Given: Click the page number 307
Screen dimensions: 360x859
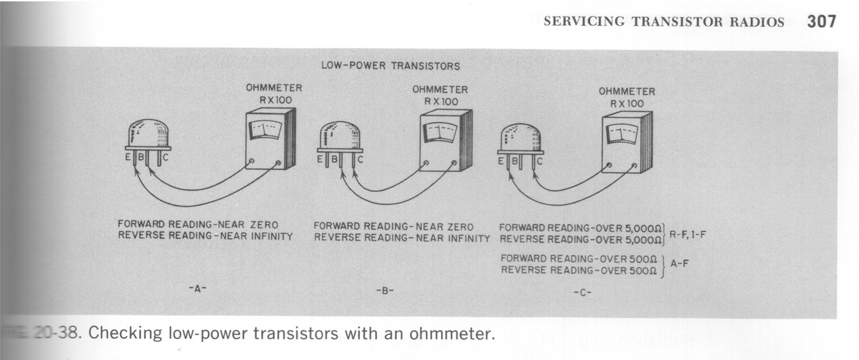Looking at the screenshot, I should click(x=822, y=21).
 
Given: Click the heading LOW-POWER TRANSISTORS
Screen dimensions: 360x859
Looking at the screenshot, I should click(x=391, y=66).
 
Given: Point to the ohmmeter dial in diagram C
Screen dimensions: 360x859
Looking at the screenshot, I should click(x=621, y=133).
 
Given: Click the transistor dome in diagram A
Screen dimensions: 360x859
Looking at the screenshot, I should click(x=148, y=134).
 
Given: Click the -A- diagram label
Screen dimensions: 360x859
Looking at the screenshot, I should click(x=197, y=288).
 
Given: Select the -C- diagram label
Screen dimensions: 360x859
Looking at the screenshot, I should click(x=581, y=293).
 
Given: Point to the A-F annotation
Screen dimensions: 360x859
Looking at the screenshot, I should click(x=680, y=264).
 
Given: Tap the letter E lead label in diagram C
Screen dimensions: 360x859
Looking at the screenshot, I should click(x=502, y=162).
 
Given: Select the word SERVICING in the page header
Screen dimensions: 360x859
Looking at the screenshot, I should click(x=584, y=22).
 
